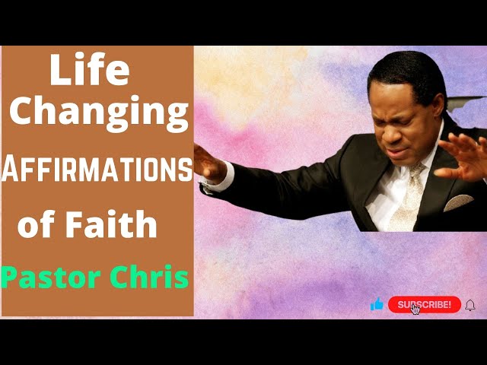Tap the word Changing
99,113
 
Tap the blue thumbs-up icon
377,305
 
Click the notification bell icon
470,305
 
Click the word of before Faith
35,226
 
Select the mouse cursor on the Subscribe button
415,309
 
